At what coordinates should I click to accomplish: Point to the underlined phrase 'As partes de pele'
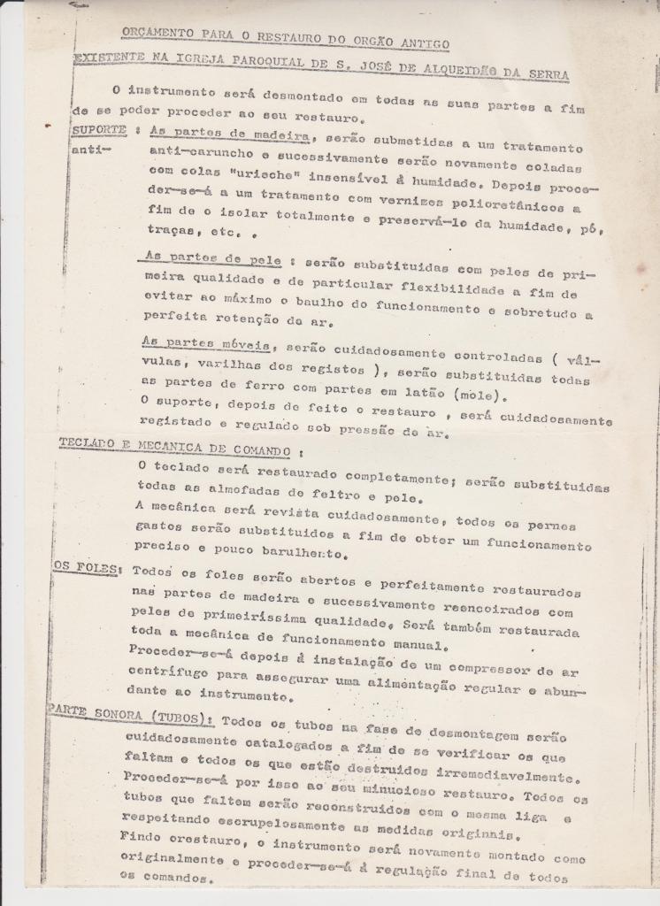[x=212, y=259]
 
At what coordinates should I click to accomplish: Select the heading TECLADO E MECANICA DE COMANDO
[x=174, y=444]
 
